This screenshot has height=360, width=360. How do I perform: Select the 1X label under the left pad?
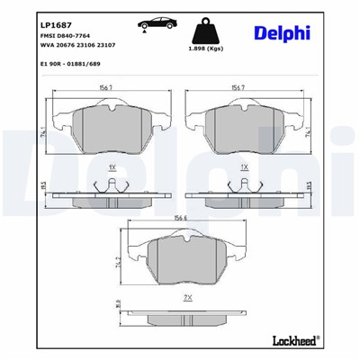[111, 168]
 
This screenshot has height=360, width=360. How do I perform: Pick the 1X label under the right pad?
[243, 168]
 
